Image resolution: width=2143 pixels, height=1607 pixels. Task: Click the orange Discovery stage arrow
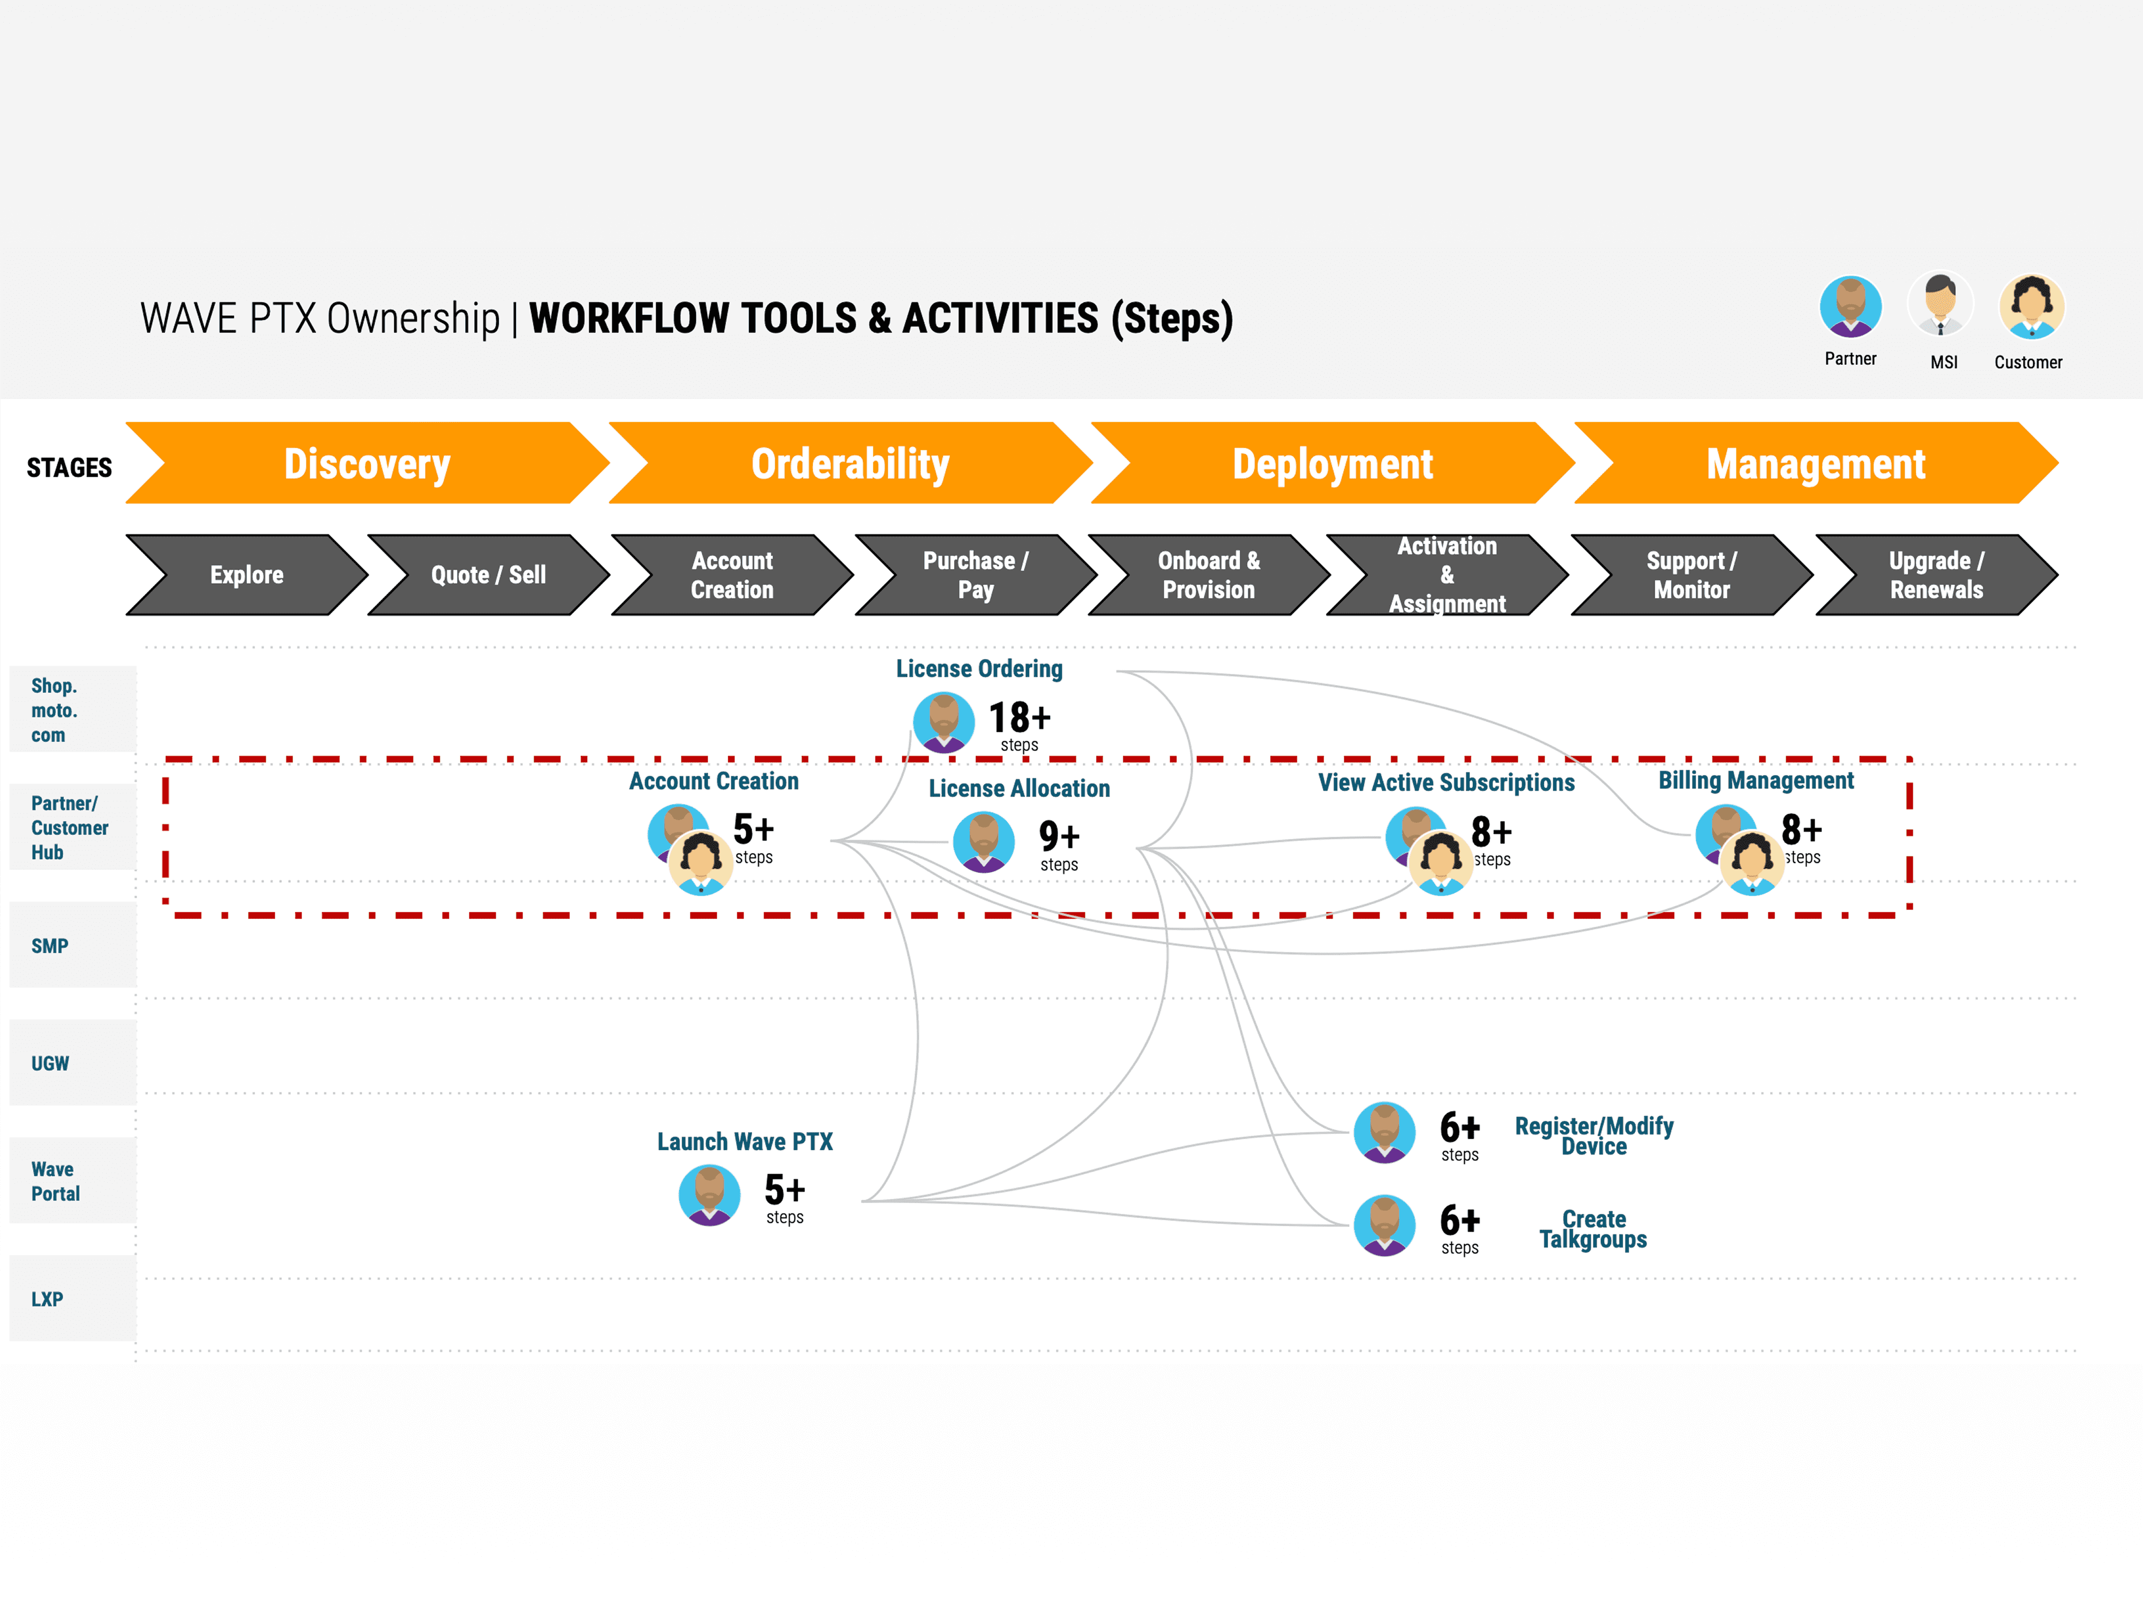[366, 464]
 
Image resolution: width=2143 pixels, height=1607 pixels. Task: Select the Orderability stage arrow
[850, 464]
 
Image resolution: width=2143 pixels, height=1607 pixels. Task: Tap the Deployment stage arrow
[1332, 464]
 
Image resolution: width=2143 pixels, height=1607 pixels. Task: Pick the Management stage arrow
[1815, 464]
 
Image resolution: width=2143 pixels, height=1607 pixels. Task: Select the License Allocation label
[1019, 789]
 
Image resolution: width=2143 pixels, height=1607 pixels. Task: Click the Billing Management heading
[1756, 781]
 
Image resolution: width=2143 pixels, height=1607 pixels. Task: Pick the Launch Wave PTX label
[744, 1142]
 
